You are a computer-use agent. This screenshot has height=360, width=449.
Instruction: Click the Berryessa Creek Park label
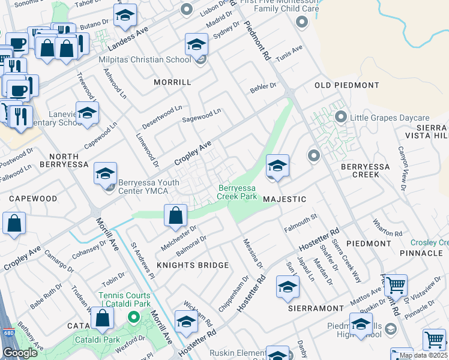[237, 192]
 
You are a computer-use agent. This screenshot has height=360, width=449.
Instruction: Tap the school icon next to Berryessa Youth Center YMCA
[105, 174]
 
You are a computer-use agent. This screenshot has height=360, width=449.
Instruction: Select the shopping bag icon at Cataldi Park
[103, 319]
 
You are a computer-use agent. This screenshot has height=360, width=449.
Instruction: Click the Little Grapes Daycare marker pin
[341, 117]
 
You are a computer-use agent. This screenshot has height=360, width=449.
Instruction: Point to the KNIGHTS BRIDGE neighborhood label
[193, 265]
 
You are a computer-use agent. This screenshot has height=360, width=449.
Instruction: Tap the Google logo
[20, 353]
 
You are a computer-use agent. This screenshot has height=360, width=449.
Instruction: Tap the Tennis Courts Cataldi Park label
[124, 300]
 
